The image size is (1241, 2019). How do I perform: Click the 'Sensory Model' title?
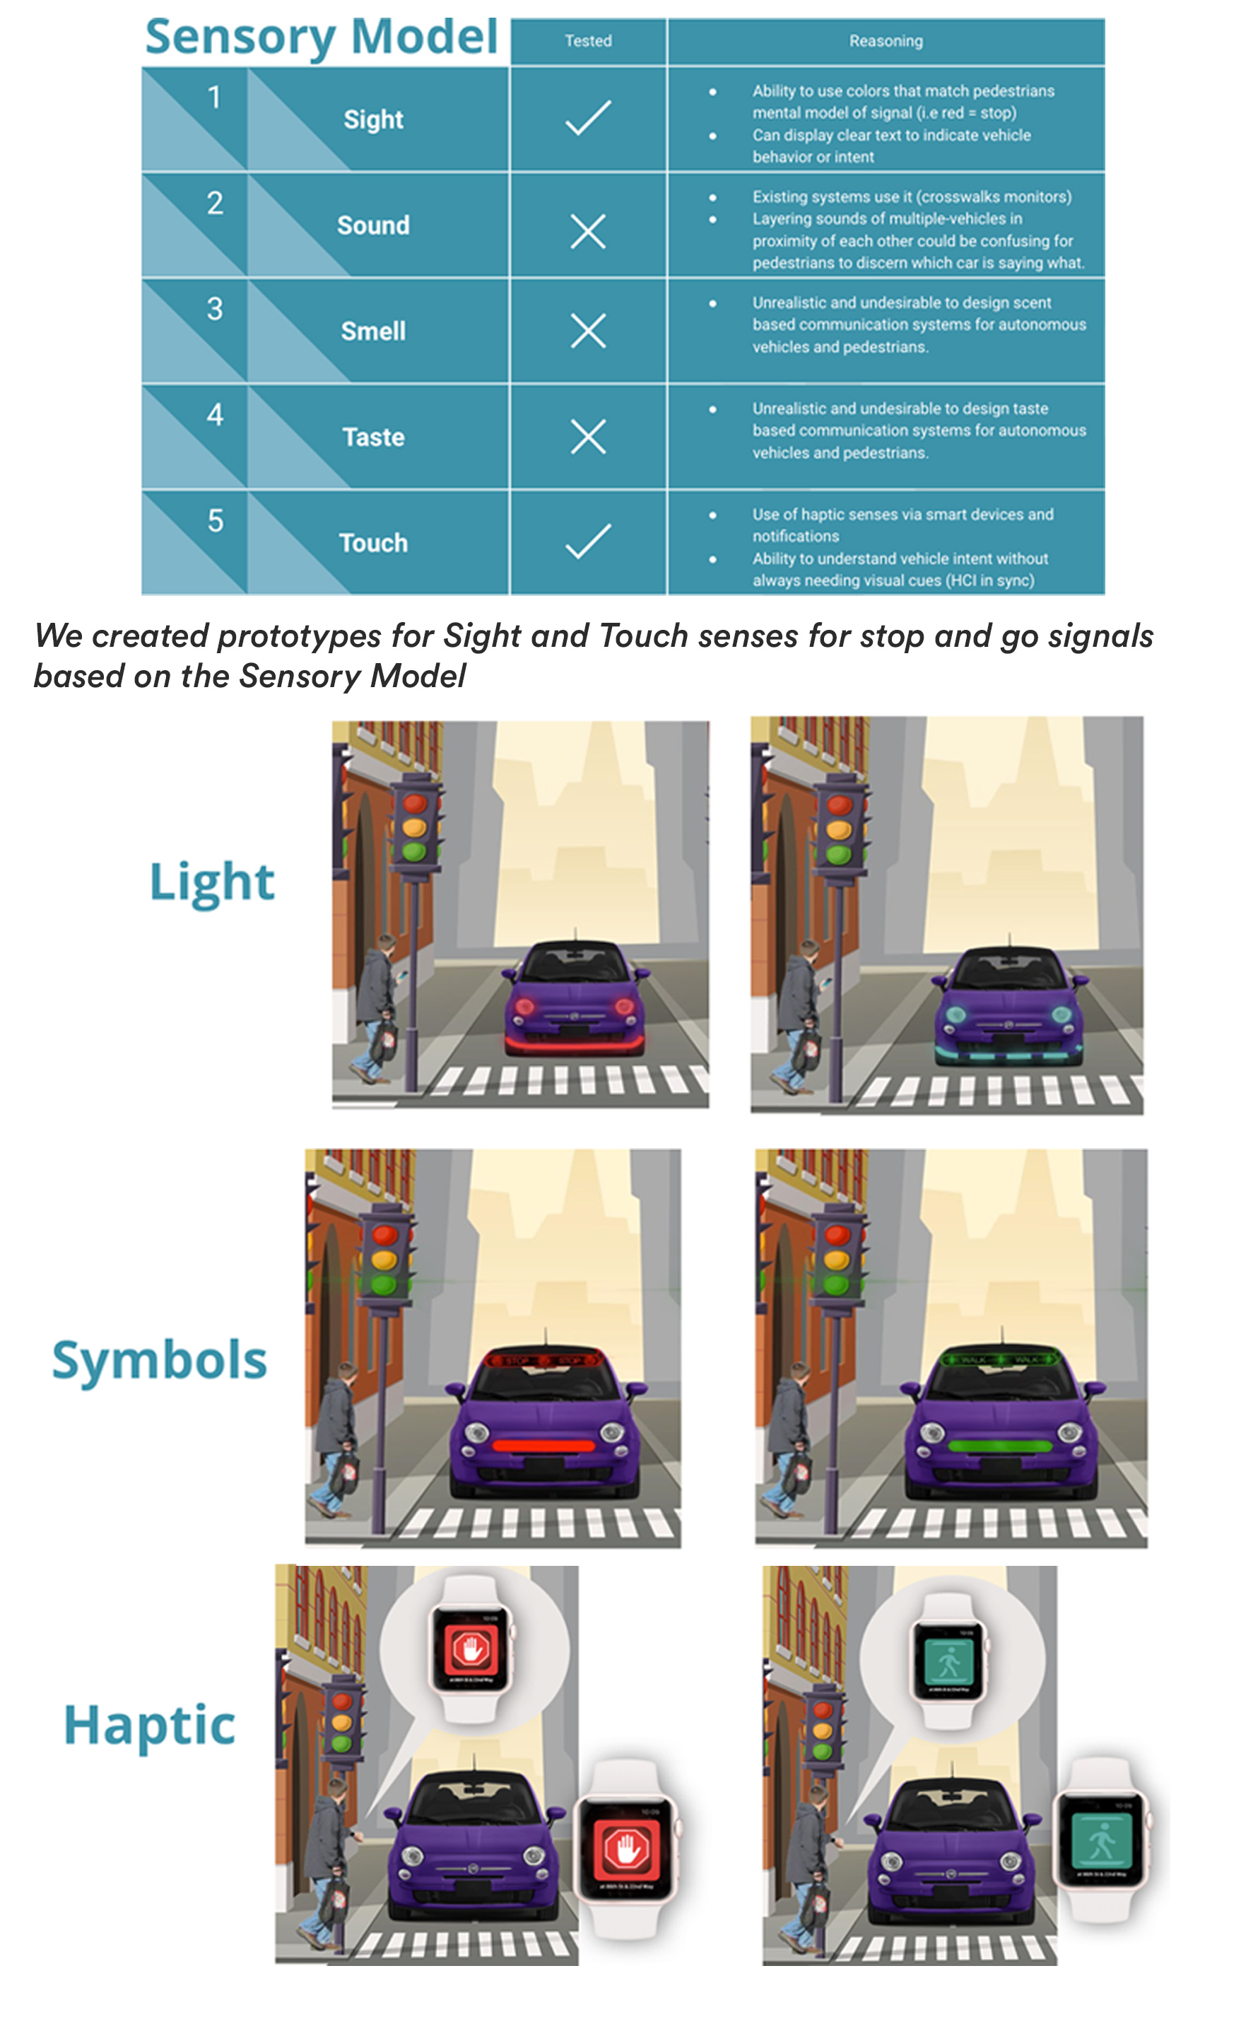pos(321,37)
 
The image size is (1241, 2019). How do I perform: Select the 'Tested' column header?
pos(588,41)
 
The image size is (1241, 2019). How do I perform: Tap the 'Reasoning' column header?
pos(886,41)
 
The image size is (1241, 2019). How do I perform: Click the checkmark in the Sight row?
pos(588,117)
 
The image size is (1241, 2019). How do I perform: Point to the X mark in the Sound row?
pos(588,232)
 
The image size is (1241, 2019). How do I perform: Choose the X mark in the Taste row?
pos(588,436)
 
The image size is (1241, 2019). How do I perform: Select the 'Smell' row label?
pos(373,331)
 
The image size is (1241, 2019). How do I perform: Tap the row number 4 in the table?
pos(215,415)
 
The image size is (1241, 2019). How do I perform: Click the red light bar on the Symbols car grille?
pos(543,1445)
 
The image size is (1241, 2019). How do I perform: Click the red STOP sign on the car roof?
pos(543,1361)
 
